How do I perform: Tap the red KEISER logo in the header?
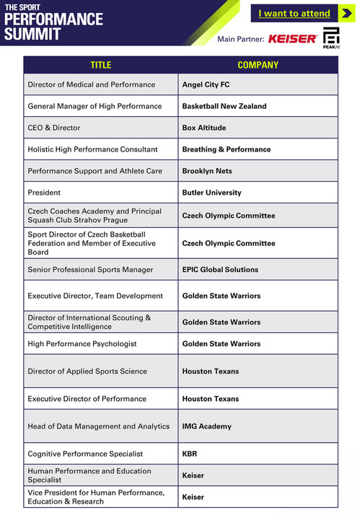click(x=292, y=38)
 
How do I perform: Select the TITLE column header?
click(x=100, y=65)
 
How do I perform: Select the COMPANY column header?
click(x=258, y=65)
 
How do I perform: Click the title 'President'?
click(x=44, y=193)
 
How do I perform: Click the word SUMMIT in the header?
click(x=32, y=34)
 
